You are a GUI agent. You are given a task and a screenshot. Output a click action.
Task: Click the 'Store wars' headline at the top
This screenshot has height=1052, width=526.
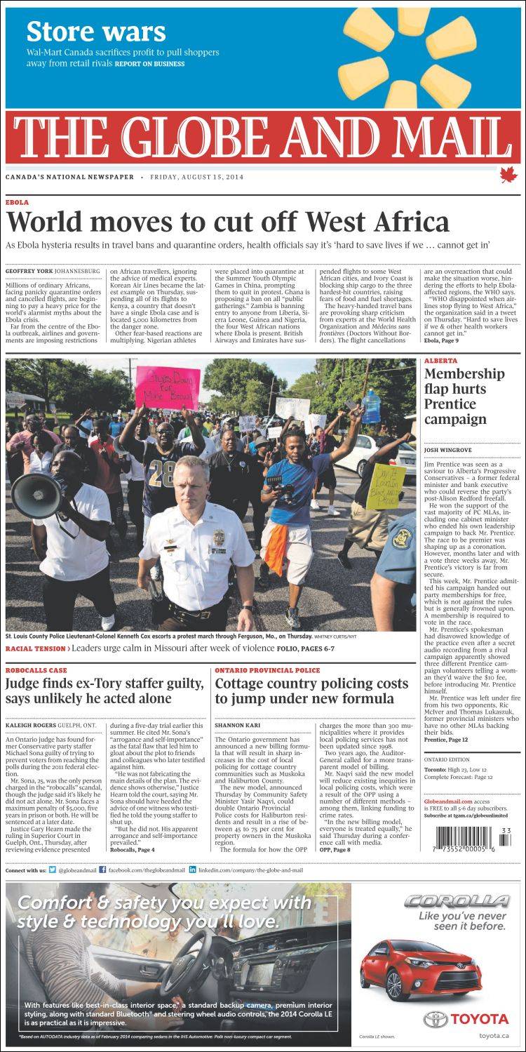click(x=96, y=32)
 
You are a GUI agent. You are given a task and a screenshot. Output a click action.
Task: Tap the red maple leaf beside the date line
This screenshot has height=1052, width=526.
click(x=503, y=175)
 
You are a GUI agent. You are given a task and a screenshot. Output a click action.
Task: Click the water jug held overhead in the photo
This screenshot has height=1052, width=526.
click(x=371, y=406)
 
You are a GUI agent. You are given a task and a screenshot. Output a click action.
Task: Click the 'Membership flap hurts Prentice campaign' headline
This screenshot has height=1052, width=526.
click(x=464, y=397)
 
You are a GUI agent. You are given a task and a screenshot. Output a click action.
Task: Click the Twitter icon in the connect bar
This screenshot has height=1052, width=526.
click(x=53, y=870)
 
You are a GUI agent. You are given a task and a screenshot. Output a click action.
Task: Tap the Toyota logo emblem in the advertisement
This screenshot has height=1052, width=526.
click(x=436, y=1019)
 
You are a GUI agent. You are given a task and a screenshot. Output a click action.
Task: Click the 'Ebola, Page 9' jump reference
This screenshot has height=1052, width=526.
click(x=441, y=340)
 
